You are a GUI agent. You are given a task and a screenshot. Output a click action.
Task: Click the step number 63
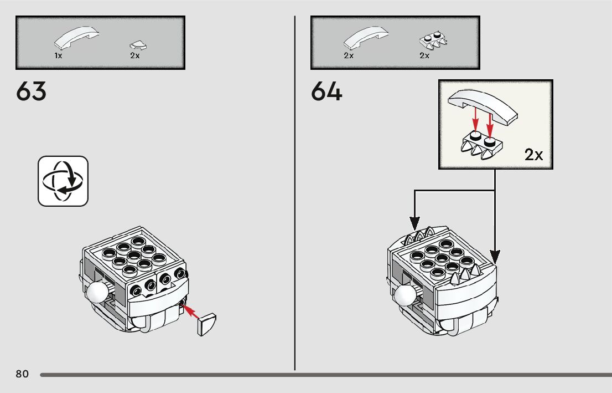[32, 91]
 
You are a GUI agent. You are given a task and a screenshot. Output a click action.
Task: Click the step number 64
[326, 91]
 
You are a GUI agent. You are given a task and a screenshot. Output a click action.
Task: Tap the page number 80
[22, 374]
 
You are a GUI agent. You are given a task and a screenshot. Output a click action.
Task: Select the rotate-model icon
[63, 181]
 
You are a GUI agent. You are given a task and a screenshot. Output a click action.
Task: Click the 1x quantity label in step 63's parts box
[58, 55]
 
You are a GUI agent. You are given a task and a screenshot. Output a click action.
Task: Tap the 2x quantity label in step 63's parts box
[135, 55]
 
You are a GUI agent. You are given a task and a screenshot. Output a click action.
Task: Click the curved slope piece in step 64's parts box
[366, 38]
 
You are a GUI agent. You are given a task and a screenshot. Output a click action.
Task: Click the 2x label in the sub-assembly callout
[534, 155]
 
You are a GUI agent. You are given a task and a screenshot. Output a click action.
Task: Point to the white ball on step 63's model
[98, 292]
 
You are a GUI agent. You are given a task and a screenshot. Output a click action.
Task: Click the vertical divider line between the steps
[295, 194]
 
